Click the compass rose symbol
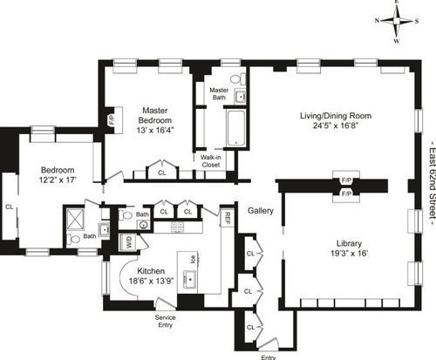coord(397,21)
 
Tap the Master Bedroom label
coord(155,115)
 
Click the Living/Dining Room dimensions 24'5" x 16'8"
coord(336,126)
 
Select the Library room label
coord(349,243)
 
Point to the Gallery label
coord(261,211)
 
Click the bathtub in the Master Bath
coord(235,128)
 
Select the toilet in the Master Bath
coord(238,79)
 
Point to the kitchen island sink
coord(190,280)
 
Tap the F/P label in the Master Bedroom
coord(112,120)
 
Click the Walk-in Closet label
coord(211,161)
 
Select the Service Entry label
coord(165,321)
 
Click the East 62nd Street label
coord(433,183)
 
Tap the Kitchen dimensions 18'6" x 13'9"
coord(151,282)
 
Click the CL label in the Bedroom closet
coord(10,207)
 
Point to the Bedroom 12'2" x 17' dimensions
coord(58,180)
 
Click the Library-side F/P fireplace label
coord(346,193)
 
